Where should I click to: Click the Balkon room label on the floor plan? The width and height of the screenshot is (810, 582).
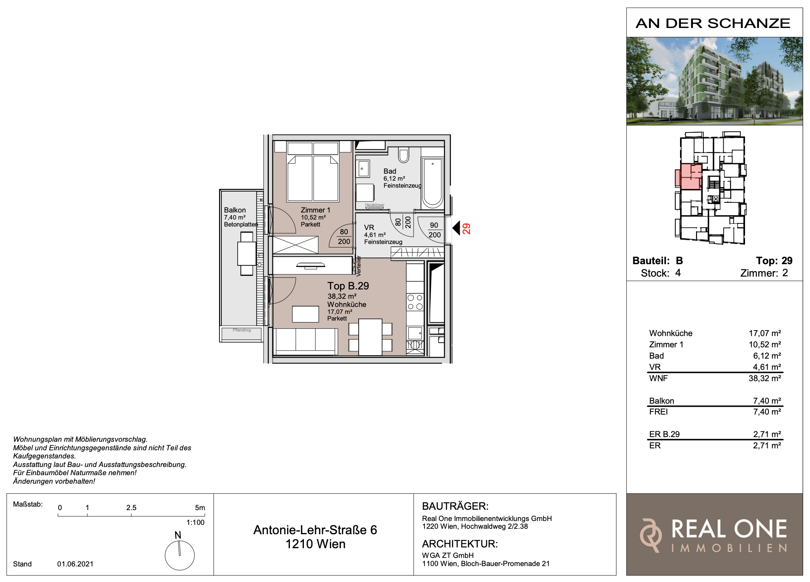235,210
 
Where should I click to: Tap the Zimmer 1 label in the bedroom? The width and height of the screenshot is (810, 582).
315,210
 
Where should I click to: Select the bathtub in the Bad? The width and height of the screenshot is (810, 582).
433,183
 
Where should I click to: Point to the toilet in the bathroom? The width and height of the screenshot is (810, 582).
403,155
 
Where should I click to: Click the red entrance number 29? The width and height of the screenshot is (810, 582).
466,228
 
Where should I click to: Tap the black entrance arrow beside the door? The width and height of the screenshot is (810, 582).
456,228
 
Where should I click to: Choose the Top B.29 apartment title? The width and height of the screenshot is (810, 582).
348,286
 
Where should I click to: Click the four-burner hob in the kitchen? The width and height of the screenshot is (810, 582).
415,302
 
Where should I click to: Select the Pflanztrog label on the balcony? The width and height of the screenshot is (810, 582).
242,330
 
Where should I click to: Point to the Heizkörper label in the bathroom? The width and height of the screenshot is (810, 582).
375,205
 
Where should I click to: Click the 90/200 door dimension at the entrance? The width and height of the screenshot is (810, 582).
434,230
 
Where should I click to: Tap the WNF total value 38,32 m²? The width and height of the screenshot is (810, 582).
764,378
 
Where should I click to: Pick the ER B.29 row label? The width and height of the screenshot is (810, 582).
664,434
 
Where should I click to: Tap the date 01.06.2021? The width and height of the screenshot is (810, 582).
75,564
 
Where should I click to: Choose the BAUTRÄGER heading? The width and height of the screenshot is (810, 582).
455,506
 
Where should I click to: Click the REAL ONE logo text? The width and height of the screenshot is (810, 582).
729,529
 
